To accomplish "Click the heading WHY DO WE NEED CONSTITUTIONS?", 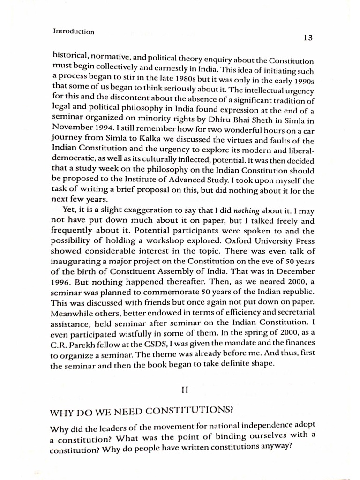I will tap(142, 411).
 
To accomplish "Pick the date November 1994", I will tap(80, 128).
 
